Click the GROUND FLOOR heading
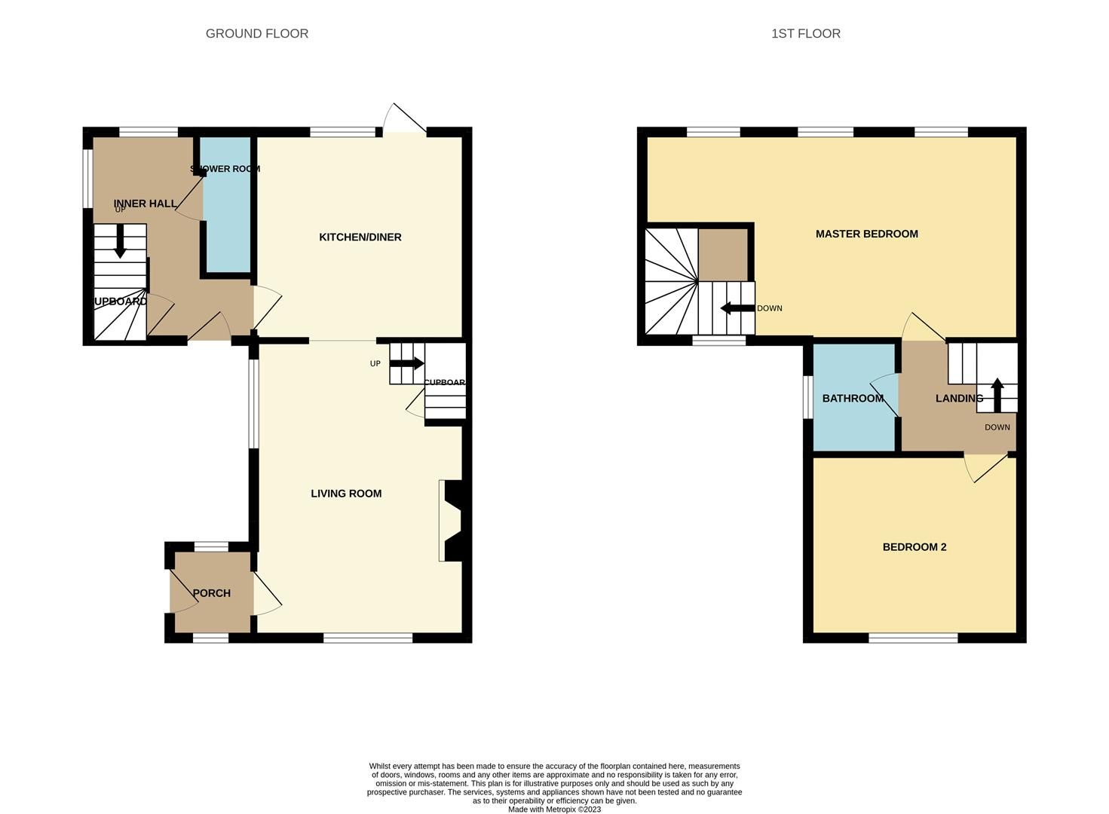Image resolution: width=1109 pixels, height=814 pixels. click(x=256, y=33)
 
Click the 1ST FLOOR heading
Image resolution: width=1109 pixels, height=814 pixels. click(x=805, y=33)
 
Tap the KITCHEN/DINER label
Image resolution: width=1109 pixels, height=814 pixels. click(x=360, y=237)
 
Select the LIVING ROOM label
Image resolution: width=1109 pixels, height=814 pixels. click(x=346, y=494)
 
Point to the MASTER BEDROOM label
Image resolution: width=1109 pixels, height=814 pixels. click(x=866, y=234)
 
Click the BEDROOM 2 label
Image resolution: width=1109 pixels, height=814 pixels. click(x=914, y=547)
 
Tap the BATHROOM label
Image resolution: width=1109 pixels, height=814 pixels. click(x=852, y=398)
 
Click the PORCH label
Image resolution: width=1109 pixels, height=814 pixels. click(x=211, y=593)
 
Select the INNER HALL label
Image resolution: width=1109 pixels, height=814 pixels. click(x=145, y=203)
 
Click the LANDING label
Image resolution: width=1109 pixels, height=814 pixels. click(x=959, y=398)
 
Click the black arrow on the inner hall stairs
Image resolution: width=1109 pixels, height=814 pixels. click(x=120, y=243)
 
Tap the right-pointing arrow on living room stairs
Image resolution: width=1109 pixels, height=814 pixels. click(x=408, y=363)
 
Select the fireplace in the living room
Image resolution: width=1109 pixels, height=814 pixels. click(x=451, y=521)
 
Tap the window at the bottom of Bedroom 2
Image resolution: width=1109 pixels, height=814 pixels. click(x=913, y=638)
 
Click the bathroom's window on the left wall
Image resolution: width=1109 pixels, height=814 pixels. click(x=807, y=396)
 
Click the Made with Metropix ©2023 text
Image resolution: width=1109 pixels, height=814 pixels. click(x=554, y=809)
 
